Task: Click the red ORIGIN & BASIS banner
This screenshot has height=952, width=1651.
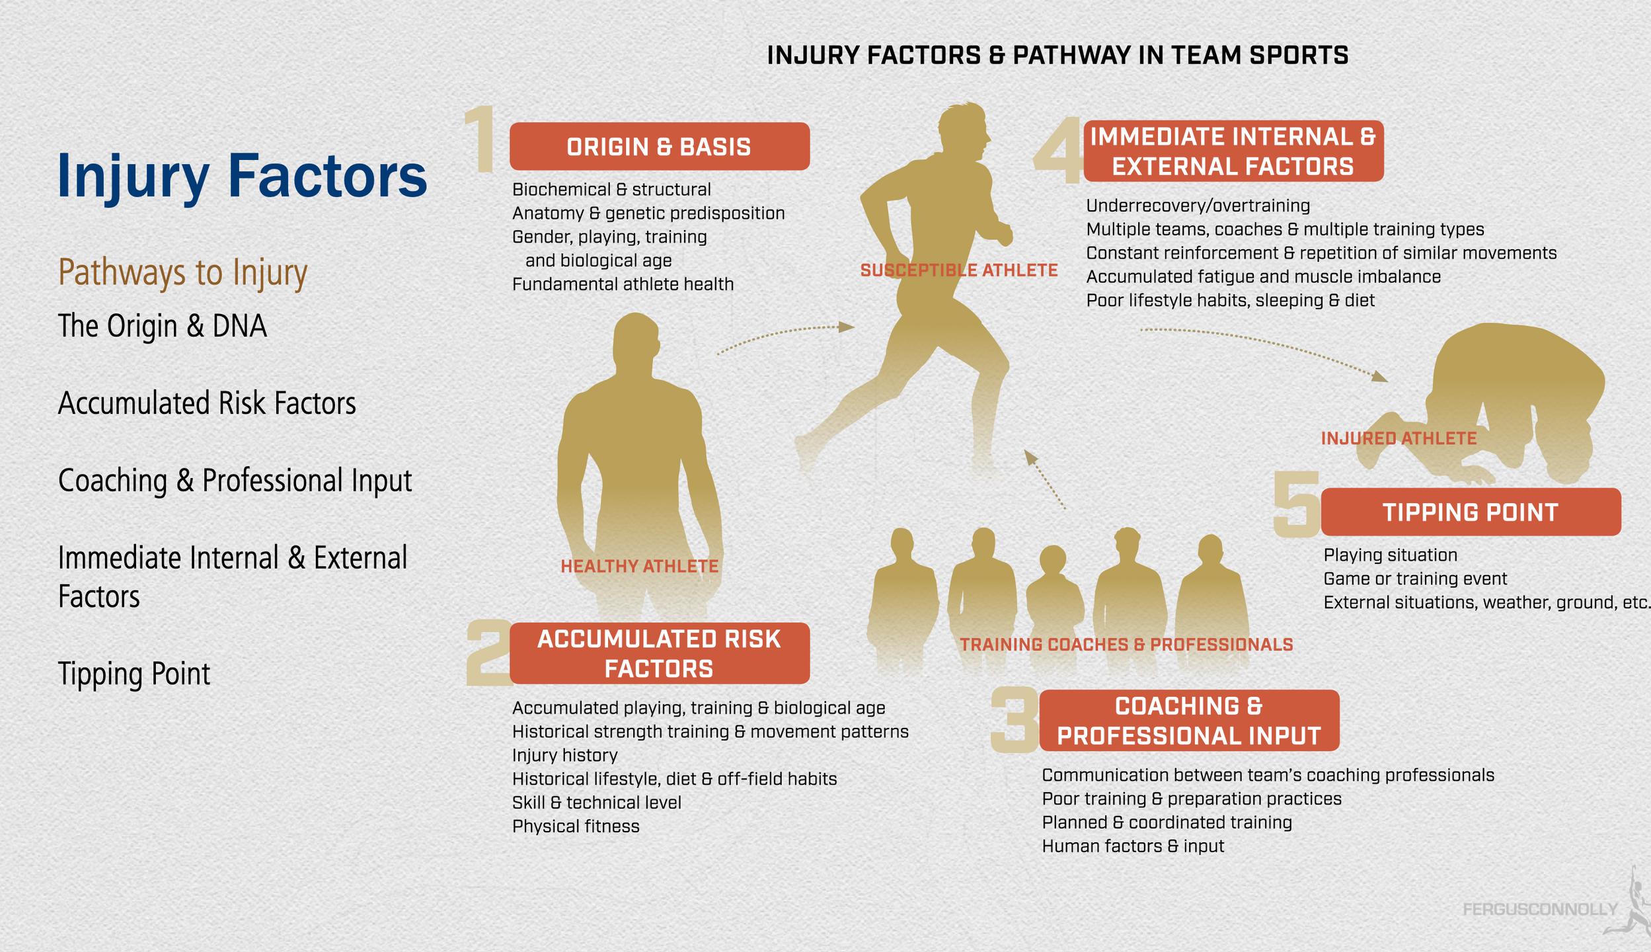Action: (659, 146)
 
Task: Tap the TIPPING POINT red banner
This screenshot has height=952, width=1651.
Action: (1470, 512)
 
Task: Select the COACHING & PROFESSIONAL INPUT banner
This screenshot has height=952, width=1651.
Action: (1188, 721)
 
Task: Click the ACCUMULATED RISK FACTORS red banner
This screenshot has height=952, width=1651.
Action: (659, 653)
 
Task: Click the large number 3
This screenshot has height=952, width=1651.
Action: (1015, 719)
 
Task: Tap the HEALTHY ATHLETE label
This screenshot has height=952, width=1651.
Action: (639, 566)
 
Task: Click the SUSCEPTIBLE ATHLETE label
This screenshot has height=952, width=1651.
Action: (958, 270)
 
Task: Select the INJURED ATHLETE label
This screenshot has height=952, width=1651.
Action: (1399, 438)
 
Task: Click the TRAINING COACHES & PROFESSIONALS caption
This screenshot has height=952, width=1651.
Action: (1126, 644)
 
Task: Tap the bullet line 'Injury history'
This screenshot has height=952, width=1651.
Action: (564, 755)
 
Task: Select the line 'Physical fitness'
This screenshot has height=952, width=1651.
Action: (575, 826)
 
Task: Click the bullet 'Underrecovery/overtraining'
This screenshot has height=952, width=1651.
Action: (1198, 206)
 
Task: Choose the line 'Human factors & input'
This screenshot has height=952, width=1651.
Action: (1133, 846)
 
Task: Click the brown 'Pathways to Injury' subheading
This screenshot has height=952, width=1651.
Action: (182, 272)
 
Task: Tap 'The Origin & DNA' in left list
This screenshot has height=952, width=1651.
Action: (163, 326)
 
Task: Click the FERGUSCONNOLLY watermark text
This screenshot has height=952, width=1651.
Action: (1539, 909)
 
